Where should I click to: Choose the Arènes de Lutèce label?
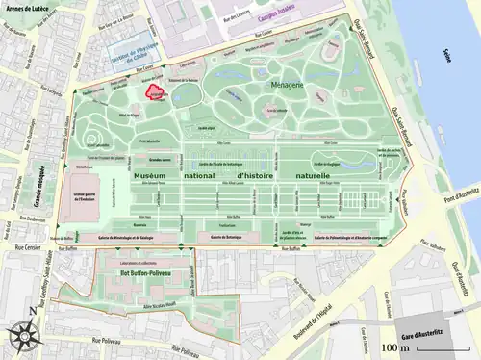tap(28, 8)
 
